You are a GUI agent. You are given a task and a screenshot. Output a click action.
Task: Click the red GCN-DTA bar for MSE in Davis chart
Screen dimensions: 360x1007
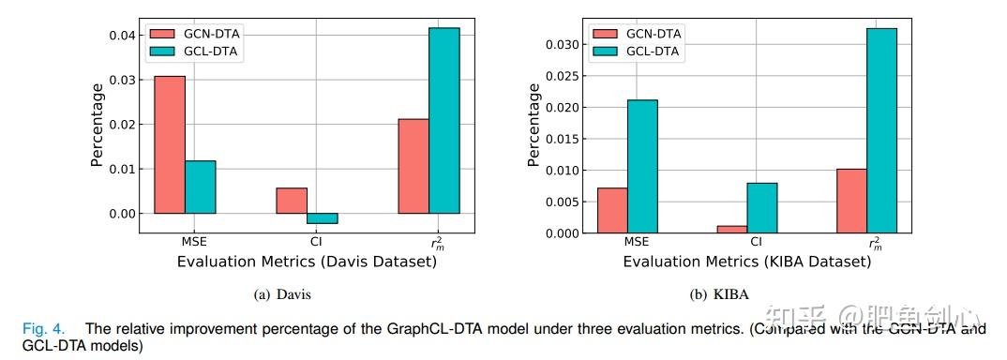tap(170, 144)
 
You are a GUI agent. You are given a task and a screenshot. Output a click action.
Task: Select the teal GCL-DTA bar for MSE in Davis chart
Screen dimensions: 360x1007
tap(200, 187)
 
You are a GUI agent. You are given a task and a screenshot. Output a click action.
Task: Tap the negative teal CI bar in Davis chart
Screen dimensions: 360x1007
tap(322, 218)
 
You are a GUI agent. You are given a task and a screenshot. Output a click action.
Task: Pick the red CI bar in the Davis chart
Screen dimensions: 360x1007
tap(292, 201)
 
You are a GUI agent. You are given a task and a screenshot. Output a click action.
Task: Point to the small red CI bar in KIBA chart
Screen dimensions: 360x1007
tap(732, 229)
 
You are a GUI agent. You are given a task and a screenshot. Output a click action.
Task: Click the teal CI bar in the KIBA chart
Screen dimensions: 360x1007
tap(762, 207)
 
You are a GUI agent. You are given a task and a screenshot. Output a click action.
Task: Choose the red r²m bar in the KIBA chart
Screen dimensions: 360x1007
tap(851, 201)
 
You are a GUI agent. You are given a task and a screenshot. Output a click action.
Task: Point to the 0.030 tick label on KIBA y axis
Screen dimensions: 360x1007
tap(564, 44)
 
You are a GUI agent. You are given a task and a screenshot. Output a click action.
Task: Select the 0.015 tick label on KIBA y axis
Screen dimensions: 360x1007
tap(564, 139)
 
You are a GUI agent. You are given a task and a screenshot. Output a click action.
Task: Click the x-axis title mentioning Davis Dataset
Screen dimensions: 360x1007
tap(307, 262)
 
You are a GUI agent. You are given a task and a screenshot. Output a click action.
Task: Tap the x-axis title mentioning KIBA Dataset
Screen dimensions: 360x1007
tap(747, 262)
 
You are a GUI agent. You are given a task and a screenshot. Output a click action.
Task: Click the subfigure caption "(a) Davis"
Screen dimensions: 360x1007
tap(282, 294)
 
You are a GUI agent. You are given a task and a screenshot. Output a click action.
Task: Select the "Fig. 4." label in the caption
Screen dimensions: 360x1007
tap(44, 329)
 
